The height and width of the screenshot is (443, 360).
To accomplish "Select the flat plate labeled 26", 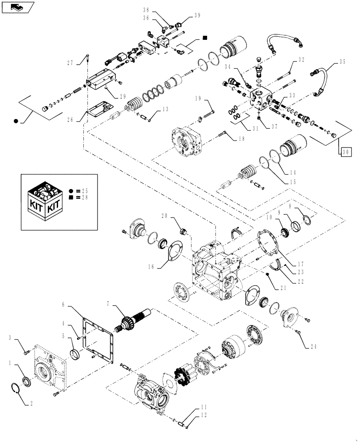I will tap(100, 110).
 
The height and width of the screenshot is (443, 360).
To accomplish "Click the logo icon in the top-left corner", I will tap(17, 7).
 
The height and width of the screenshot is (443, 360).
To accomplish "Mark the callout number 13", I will tap(165, 109).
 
